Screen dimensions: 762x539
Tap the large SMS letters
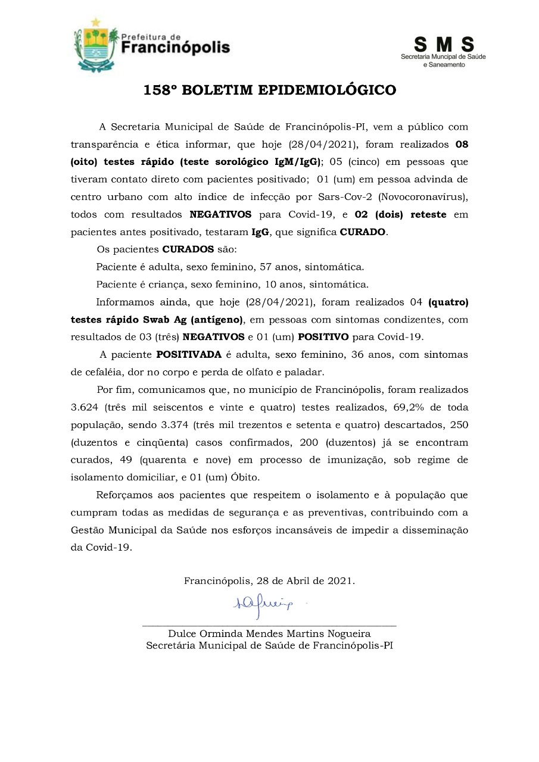coord(444,45)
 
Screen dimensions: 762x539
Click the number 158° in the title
coord(160,90)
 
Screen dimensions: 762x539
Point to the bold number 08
coord(462,143)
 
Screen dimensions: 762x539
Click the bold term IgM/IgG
coord(297,161)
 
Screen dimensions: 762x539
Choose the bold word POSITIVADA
coord(189,355)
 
